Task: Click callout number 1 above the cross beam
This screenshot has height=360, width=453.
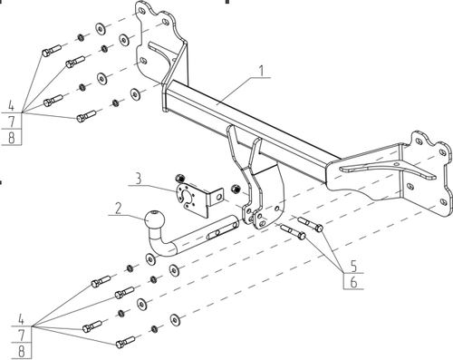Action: pyautogui.click(x=262, y=70)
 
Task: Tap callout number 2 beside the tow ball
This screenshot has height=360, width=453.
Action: pyautogui.click(x=118, y=208)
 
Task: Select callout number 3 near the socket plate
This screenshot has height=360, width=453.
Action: pyautogui.click(x=138, y=179)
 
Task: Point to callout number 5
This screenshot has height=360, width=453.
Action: pyautogui.click(x=353, y=266)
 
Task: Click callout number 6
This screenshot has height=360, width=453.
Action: pyautogui.click(x=353, y=282)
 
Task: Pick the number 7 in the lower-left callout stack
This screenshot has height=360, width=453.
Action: pyautogui.click(x=21, y=335)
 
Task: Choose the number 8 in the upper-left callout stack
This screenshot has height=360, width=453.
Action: pyautogui.click(x=12, y=138)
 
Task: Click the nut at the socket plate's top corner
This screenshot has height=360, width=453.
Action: pyautogui.click(x=180, y=178)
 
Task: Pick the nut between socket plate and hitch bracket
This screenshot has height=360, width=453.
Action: pyautogui.click(x=236, y=189)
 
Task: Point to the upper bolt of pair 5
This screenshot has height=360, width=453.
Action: pyautogui.click(x=311, y=224)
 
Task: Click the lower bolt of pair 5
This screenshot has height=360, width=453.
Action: pyautogui.click(x=294, y=231)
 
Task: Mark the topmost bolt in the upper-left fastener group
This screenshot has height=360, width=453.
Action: pyautogui.click(x=52, y=51)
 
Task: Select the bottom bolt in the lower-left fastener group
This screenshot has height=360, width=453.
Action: pyautogui.click(x=125, y=342)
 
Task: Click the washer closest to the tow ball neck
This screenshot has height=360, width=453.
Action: pyautogui.click(x=150, y=259)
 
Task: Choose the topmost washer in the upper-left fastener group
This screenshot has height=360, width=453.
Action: pyautogui.click(x=101, y=28)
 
